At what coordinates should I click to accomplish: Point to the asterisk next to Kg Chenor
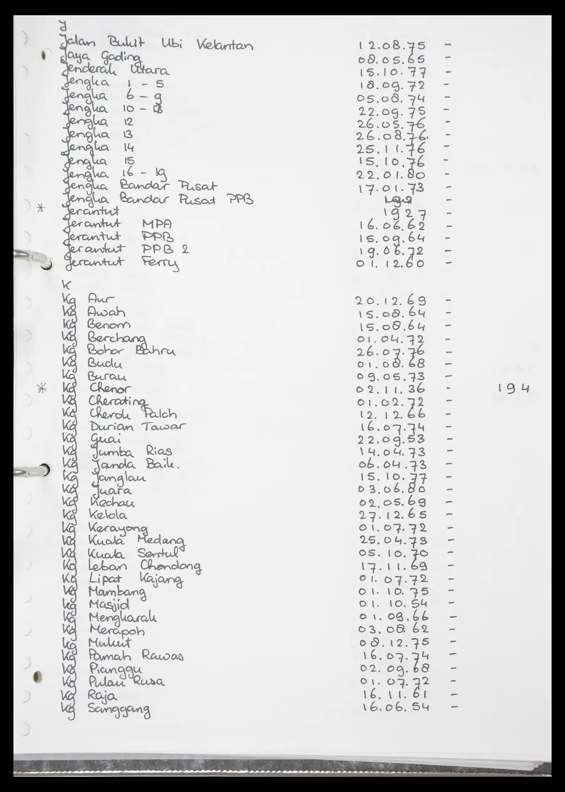pyautogui.click(x=42, y=389)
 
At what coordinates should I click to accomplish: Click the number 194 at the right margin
pyautogui.click(x=513, y=389)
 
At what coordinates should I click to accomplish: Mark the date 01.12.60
pyautogui.click(x=390, y=263)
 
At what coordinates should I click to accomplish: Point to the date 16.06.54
pyautogui.click(x=396, y=707)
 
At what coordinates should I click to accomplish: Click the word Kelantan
pyautogui.click(x=225, y=46)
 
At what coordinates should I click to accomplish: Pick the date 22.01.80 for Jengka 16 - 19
pyautogui.click(x=391, y=175)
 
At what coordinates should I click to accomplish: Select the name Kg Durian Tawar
pyautogui.click(x=124, y=427)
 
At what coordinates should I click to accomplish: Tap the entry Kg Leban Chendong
pyautogui.click(x=131, y=566)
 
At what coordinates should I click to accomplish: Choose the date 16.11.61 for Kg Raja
pyautogui.click(x=394, y=695)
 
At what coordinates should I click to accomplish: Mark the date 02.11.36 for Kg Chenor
pyautogui.click(x=391, y=389)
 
